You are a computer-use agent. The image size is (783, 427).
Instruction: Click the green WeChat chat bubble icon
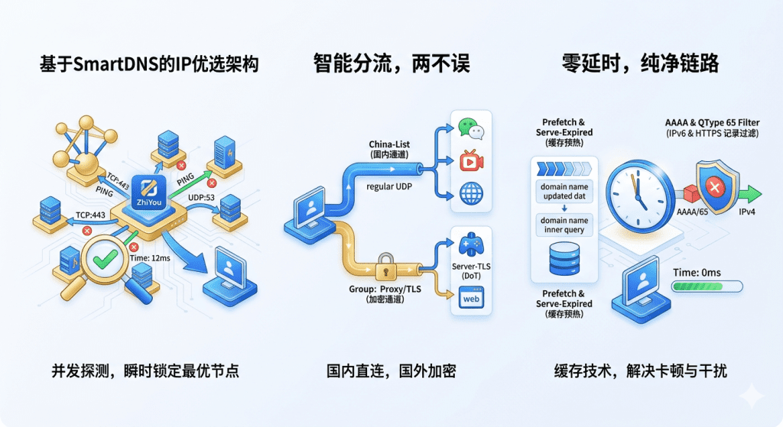[x=471, y=130]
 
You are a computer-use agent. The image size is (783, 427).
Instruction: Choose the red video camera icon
[x=471, y=162]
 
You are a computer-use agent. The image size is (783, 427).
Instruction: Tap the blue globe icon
[x=471, y=192]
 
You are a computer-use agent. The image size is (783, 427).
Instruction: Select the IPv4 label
[x=746, y=212]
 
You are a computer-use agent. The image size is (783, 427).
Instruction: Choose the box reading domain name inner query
[x=564, y=225]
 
